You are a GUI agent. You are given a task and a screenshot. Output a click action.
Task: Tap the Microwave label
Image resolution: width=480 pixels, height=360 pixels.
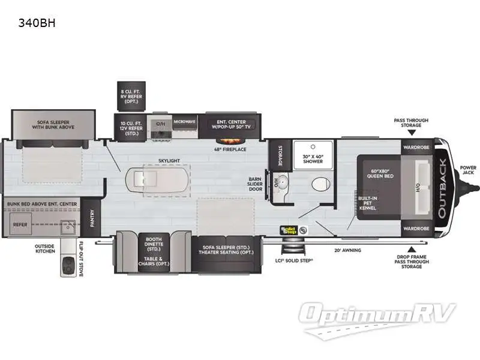pos(185,121)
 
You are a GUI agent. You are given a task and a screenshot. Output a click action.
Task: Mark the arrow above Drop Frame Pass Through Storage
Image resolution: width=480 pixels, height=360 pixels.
pos(411,248)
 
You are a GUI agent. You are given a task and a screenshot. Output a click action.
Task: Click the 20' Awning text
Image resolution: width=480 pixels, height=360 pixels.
pos(347,250)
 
